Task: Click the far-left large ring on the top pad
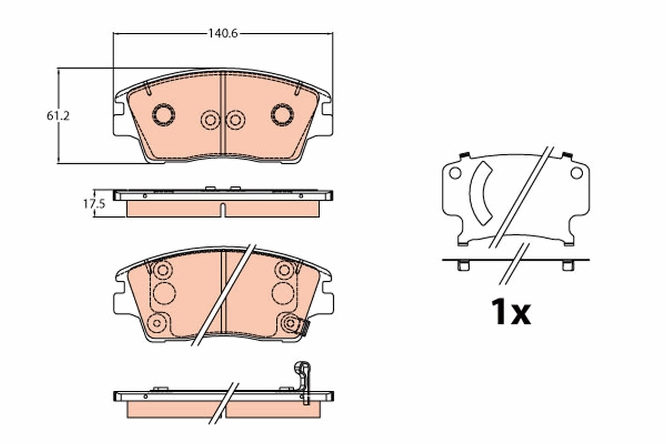coord(164,114)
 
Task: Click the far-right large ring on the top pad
coord(282,114)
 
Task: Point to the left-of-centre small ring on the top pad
coord(210,119)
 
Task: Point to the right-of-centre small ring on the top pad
coord(235,119)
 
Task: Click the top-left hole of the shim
coord(455,173)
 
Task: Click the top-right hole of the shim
coord(577,173)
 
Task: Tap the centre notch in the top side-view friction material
coord(223,210)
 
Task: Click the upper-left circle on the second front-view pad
coord(163,270)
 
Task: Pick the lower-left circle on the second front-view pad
coord(158,322)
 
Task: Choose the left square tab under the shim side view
coord(463,266)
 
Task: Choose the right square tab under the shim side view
coord(568,266)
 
